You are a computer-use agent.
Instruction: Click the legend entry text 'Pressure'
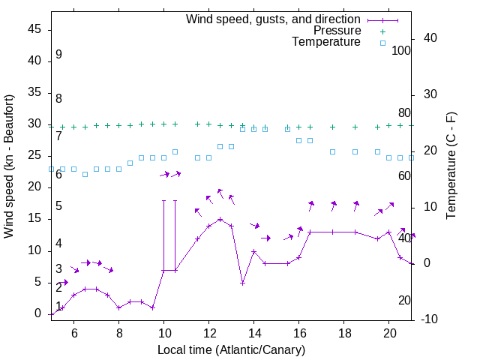tap(337, 31)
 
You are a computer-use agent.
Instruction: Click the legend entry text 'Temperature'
tap(326, 42)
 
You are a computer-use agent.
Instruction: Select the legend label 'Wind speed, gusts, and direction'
tap(274, 19)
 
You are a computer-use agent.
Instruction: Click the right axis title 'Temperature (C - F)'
tap(451, 166)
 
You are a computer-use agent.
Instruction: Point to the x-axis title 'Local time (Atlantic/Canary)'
tap(231, 350)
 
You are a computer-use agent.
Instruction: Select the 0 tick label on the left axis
tap(38, 314)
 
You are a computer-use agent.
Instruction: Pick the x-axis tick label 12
tap(209, 332)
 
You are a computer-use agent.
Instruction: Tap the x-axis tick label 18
tap(344, 332)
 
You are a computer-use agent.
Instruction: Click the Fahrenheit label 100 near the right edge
tap(401, 51)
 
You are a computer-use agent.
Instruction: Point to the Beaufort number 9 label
tap(58, 55)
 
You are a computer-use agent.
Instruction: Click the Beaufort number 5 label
tap(58, 206)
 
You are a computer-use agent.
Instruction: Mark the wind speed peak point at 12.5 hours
tap(220, 220)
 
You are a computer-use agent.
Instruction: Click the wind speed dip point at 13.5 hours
tap(242, 283)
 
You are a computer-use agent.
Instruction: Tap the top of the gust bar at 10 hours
tap(163, 201)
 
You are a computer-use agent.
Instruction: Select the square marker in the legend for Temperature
tap(382, 43)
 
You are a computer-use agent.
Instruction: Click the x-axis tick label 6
tap(73, 332)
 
